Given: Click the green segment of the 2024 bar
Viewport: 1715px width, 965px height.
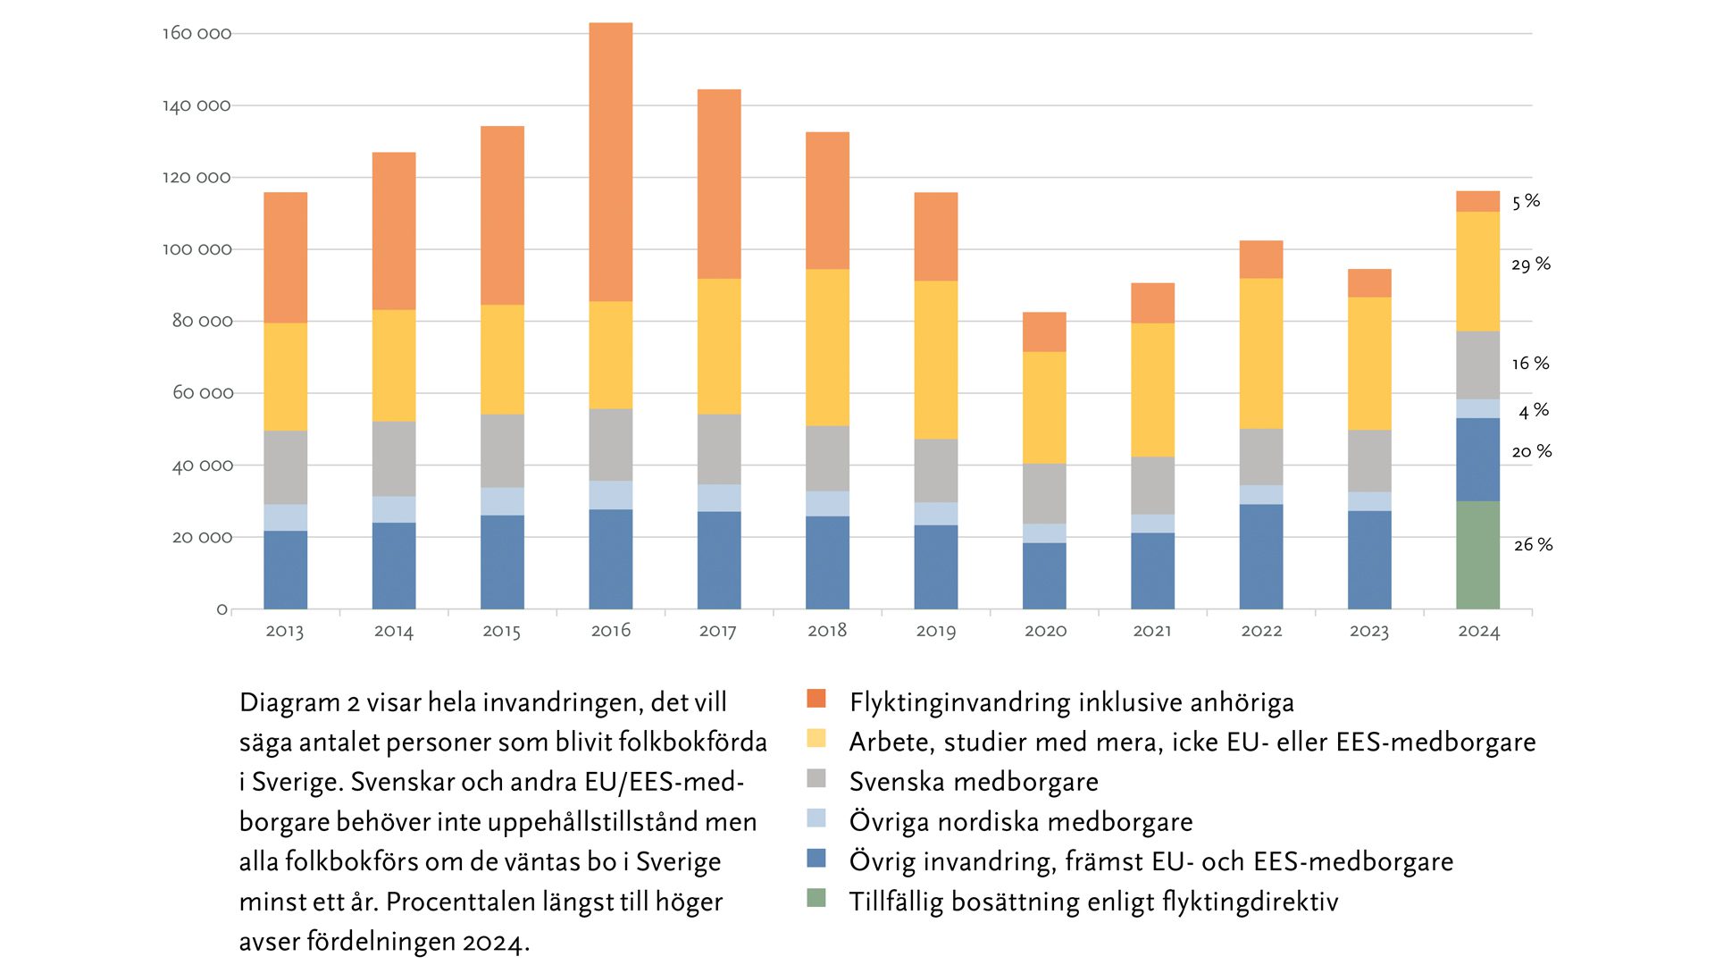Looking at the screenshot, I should click(x=1477, y=555).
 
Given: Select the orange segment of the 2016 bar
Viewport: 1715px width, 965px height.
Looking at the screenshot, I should click(x=611, y=162).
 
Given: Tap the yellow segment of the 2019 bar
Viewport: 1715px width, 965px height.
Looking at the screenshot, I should click(x=936, y=360).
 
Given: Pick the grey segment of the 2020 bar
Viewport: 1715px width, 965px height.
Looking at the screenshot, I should click(x=1044, y=493).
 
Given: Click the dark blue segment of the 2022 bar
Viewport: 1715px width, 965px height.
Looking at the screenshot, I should click(x=1261, y=557).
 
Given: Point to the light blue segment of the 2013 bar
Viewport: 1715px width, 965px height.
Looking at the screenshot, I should click(x=286, y=517).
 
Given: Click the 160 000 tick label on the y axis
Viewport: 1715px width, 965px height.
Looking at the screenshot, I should click(x=197, y=34).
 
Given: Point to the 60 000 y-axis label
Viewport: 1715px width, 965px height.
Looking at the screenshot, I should click(x=203, y=393).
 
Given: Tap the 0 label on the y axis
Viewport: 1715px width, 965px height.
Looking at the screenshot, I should click(x=222, y=609).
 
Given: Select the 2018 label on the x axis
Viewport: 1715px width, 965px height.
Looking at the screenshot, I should click(x=827, y=631).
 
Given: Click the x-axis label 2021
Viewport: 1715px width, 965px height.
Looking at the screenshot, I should click(x=1152, y=631).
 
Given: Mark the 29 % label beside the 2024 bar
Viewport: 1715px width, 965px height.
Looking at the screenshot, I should click(x=1531, y=264).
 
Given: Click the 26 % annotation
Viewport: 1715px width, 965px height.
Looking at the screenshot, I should click(x=1533, y=545).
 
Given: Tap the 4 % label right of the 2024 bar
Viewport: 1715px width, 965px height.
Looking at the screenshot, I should click(x=1534, y=411).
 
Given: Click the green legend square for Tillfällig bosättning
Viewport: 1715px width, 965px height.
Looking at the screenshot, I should click(x=816, y=898).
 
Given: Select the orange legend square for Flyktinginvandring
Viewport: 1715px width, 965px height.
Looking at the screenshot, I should click(x=816, y=699).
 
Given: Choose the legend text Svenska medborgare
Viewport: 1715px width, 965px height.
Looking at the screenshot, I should click(x=974, y=782).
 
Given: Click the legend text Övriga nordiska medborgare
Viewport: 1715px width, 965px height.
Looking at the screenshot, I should click(x=1021, y=822).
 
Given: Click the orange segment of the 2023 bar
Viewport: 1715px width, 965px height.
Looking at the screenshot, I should click(x=1369, y=283).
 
